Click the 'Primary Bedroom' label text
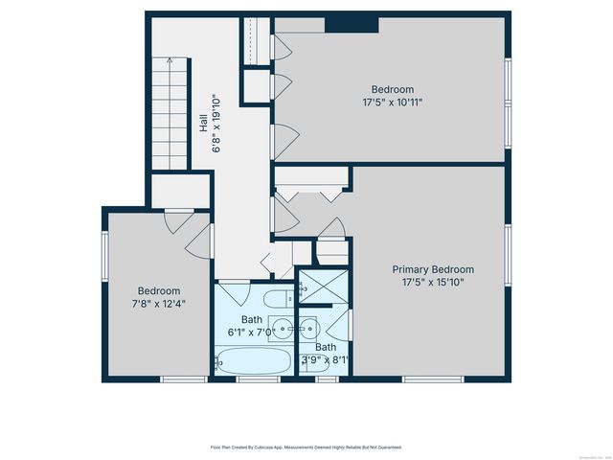coord(439,269)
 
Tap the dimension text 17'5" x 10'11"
coord(393,101)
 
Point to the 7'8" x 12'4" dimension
coord(159,303)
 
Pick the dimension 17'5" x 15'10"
coord(439,282)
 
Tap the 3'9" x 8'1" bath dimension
coord(326,360)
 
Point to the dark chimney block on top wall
coord(352,25)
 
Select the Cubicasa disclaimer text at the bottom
coord(306,447)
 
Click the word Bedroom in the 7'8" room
coord(159,290)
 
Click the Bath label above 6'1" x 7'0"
coord(252,319)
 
